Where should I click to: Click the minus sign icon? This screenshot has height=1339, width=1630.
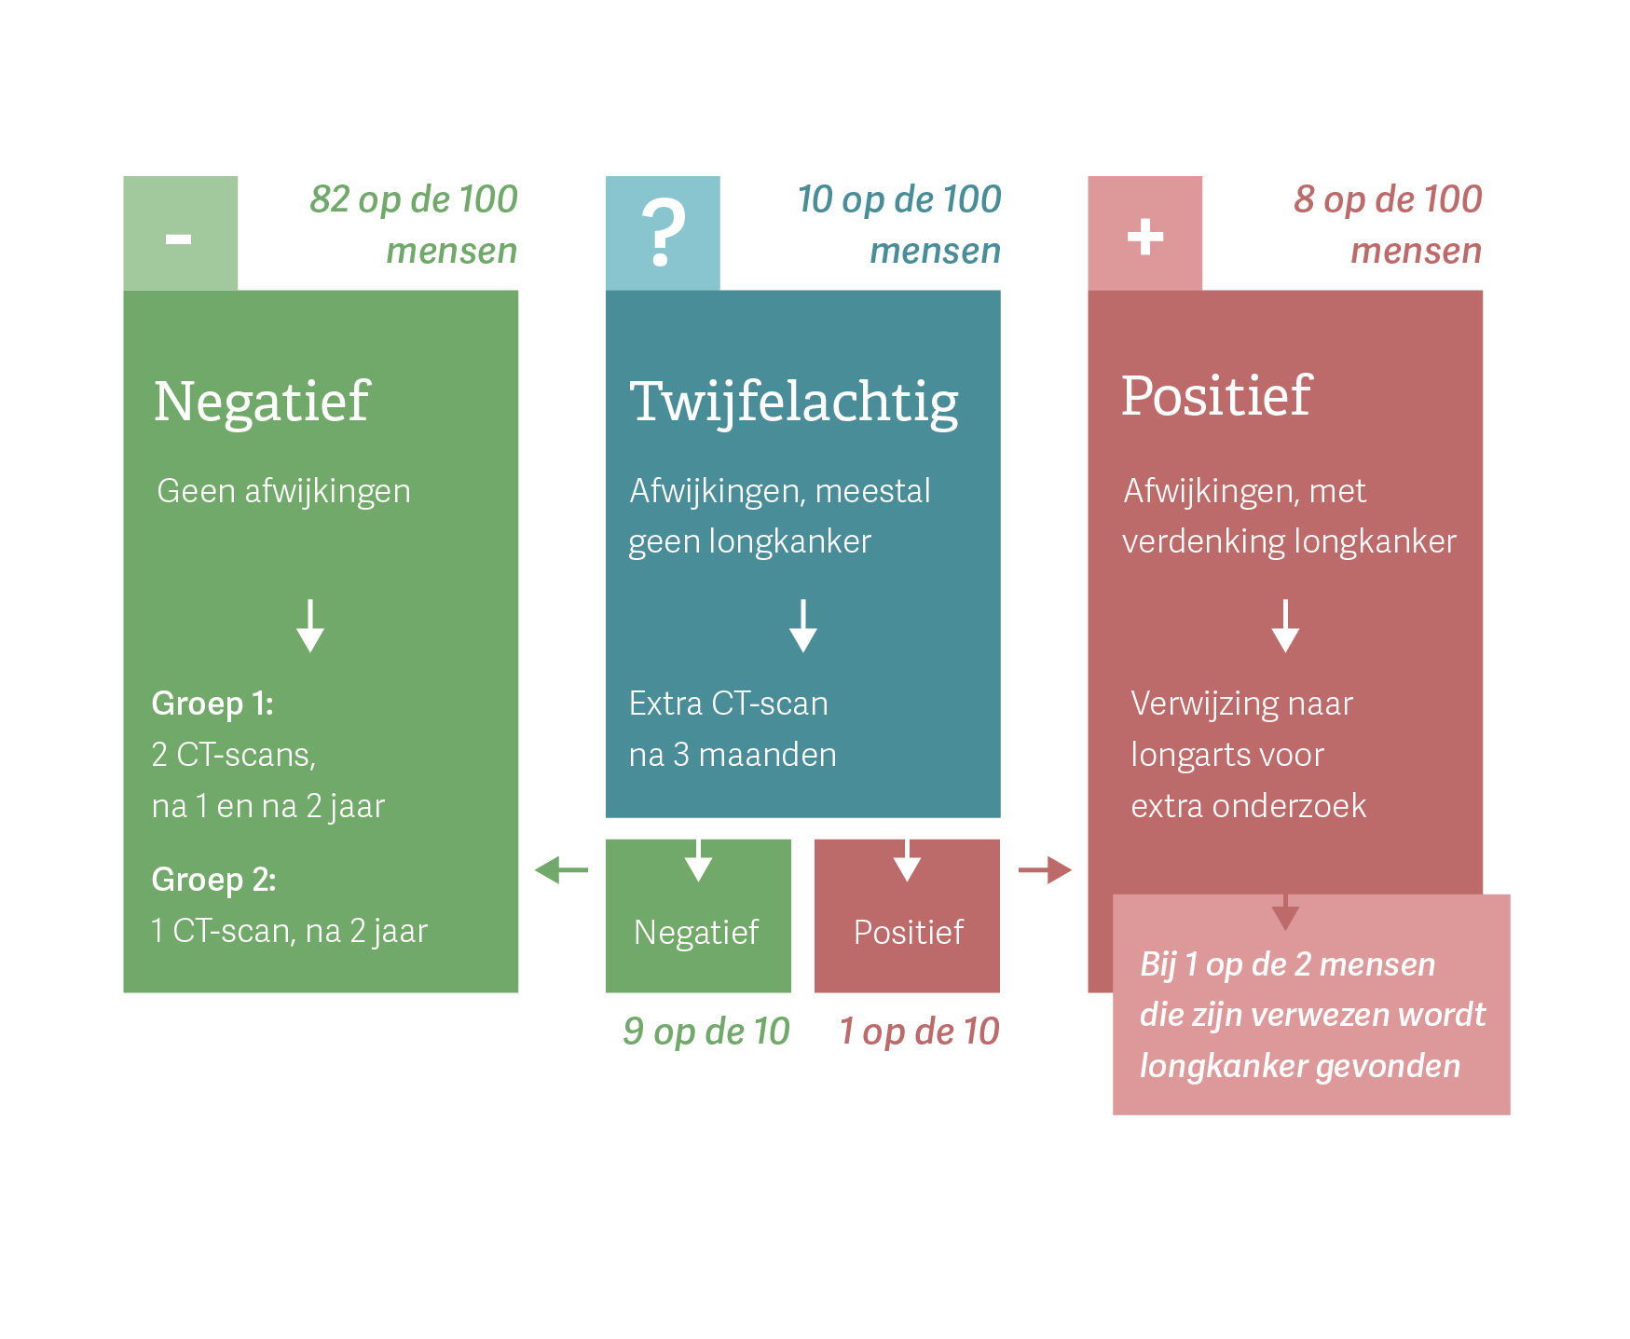[x=178, y=239]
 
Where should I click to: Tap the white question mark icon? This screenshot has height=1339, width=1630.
[x=663, y=234]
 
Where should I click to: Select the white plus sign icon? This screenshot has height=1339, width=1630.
[x=1144, y=237]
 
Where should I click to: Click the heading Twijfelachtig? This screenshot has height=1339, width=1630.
[x=794, y=403]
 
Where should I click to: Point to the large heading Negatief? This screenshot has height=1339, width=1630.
[x=262, y=403]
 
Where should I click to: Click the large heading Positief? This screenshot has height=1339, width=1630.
[x=1216, y=396]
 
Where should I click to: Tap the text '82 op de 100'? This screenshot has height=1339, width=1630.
[x=413, y=199]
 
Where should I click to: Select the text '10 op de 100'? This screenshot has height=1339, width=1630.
[x=898, y=199]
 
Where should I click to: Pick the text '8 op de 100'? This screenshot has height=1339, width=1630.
[x=1387, y=199]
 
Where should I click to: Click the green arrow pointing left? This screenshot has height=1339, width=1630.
[x=561, y=870]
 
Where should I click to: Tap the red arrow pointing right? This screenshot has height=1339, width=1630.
[x=1045, y=870]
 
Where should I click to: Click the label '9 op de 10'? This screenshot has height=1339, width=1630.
[x=705, y=1032]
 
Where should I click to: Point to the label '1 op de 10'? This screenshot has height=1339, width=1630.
[x=919, y=1032]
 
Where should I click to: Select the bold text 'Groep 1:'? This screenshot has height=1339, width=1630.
[x=212, y=704]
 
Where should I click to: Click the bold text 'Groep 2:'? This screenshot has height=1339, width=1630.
[x=213, y=880]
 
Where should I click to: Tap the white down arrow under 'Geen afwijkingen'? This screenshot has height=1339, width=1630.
[x=310, y=625]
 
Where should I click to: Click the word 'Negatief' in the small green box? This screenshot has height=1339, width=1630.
[x=696, y=932]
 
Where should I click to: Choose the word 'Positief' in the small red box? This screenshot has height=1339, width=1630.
[x=909, y=932]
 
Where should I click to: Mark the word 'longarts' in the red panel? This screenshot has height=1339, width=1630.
[x=1181, y=756]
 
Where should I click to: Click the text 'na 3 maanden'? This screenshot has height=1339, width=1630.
[x=733, y=755]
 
